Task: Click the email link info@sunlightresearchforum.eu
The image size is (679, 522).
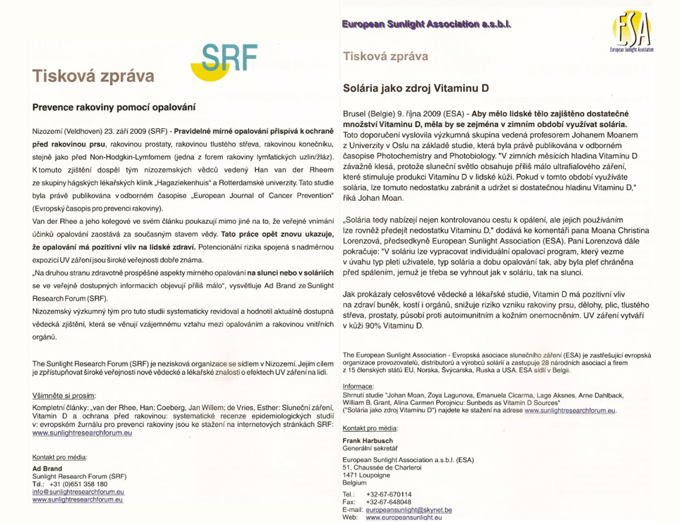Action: [x=78, y=492]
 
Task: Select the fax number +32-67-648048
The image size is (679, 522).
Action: [x=389, y=502]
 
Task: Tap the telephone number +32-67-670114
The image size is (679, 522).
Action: [x=389, y=494]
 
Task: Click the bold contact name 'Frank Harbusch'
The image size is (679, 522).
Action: [x=368, y=440]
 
